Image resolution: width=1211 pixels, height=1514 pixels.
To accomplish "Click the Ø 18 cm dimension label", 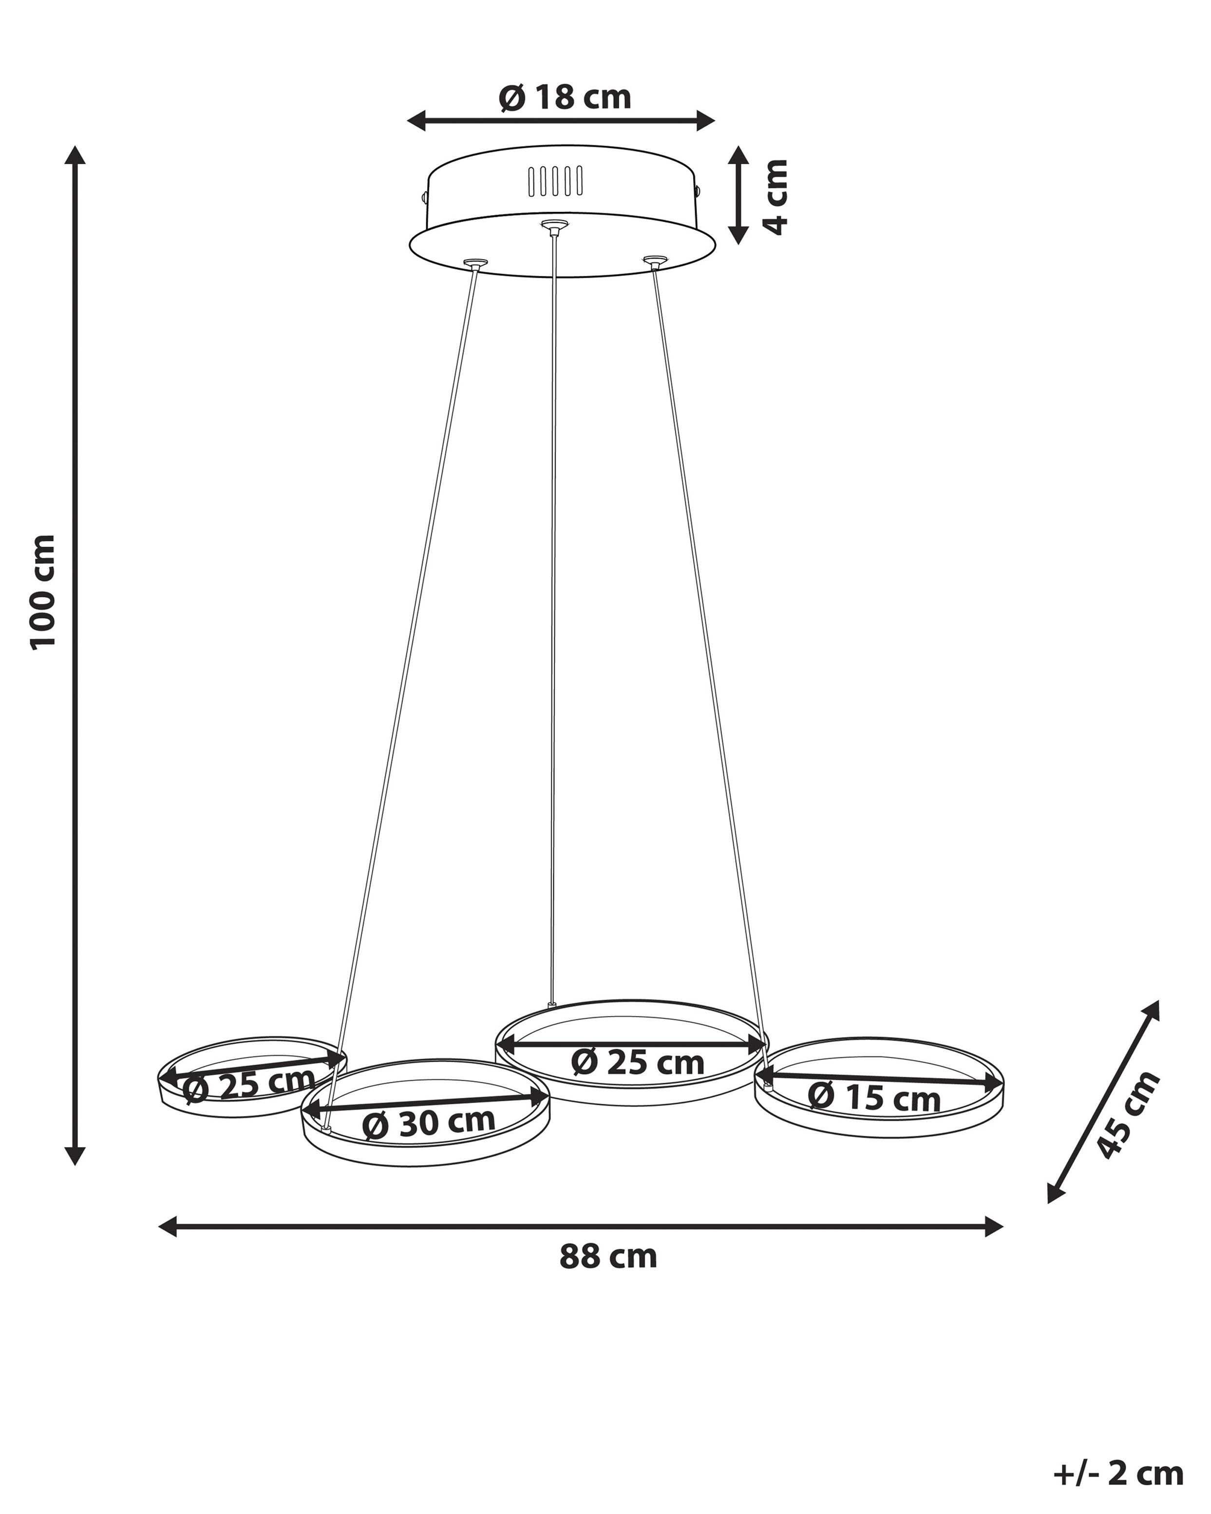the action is [565, 97].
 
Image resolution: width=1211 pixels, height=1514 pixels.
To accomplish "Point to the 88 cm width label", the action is [608, 1257].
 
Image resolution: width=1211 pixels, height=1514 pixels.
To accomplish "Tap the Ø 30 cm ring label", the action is [429, 1123].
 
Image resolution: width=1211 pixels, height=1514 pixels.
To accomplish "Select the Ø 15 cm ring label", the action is [874, 1097].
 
